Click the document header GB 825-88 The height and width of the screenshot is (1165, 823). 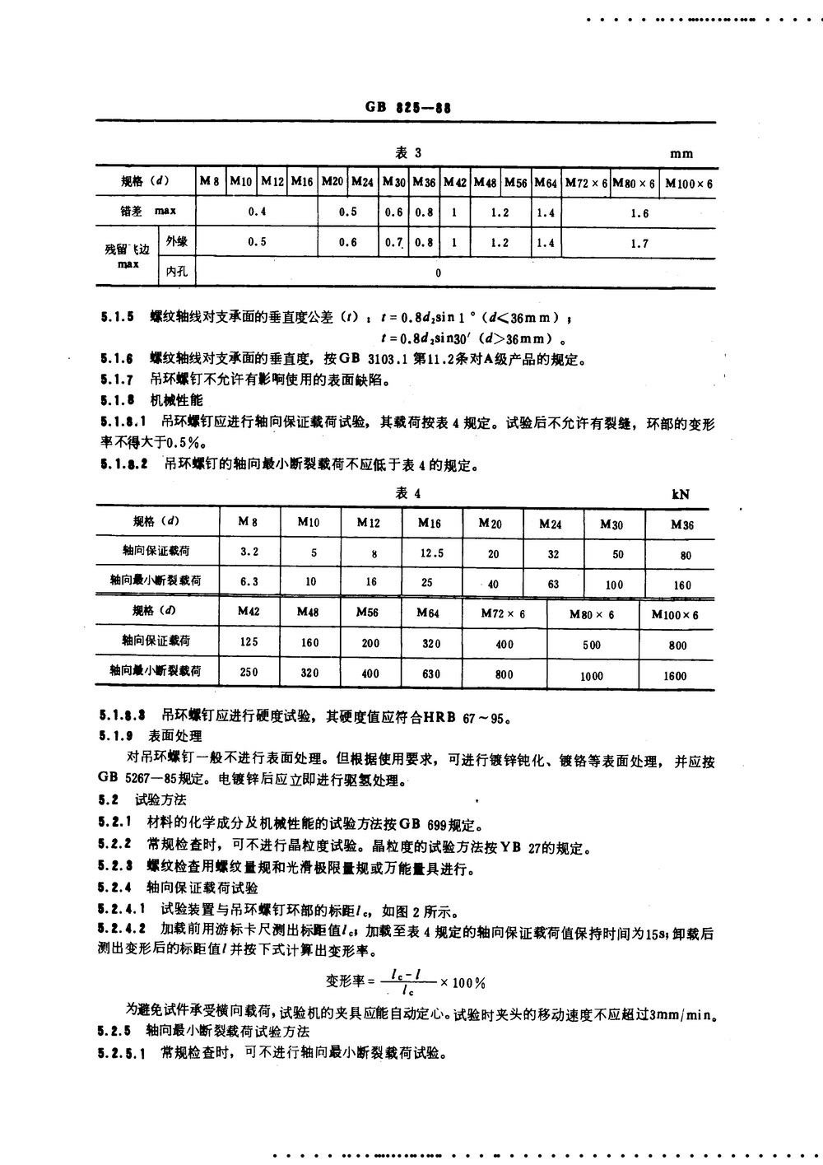[x=408, y=108]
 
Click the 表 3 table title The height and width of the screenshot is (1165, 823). [x=408, y=153]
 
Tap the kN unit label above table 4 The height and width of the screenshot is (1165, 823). [x=680, y=494]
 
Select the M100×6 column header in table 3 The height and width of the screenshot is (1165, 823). [x=689, y=183]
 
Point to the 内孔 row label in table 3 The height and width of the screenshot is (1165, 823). [x=177, y=271]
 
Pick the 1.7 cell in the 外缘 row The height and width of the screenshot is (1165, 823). [x=639, y=244]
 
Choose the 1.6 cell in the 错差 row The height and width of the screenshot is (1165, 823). [x=639, y=213]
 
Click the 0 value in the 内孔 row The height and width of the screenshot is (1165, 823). [x=438, y=273]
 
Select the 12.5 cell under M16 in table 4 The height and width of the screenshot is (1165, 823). [x=432, y=553]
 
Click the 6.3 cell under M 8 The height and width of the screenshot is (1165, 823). [x=249, y=581]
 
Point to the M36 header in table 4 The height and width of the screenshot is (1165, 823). [x=682, y=524]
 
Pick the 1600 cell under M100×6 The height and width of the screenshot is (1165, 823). [x=675, y=675]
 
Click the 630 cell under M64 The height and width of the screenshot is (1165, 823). [x=431, y=673]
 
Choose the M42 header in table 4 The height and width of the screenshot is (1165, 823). [x=249, y=612]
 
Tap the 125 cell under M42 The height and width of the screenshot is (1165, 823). [x=249, y=641]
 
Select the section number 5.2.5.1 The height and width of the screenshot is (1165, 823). [x=123, y=1053]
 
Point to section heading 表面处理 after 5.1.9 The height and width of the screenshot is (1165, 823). [x=174, y=736]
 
